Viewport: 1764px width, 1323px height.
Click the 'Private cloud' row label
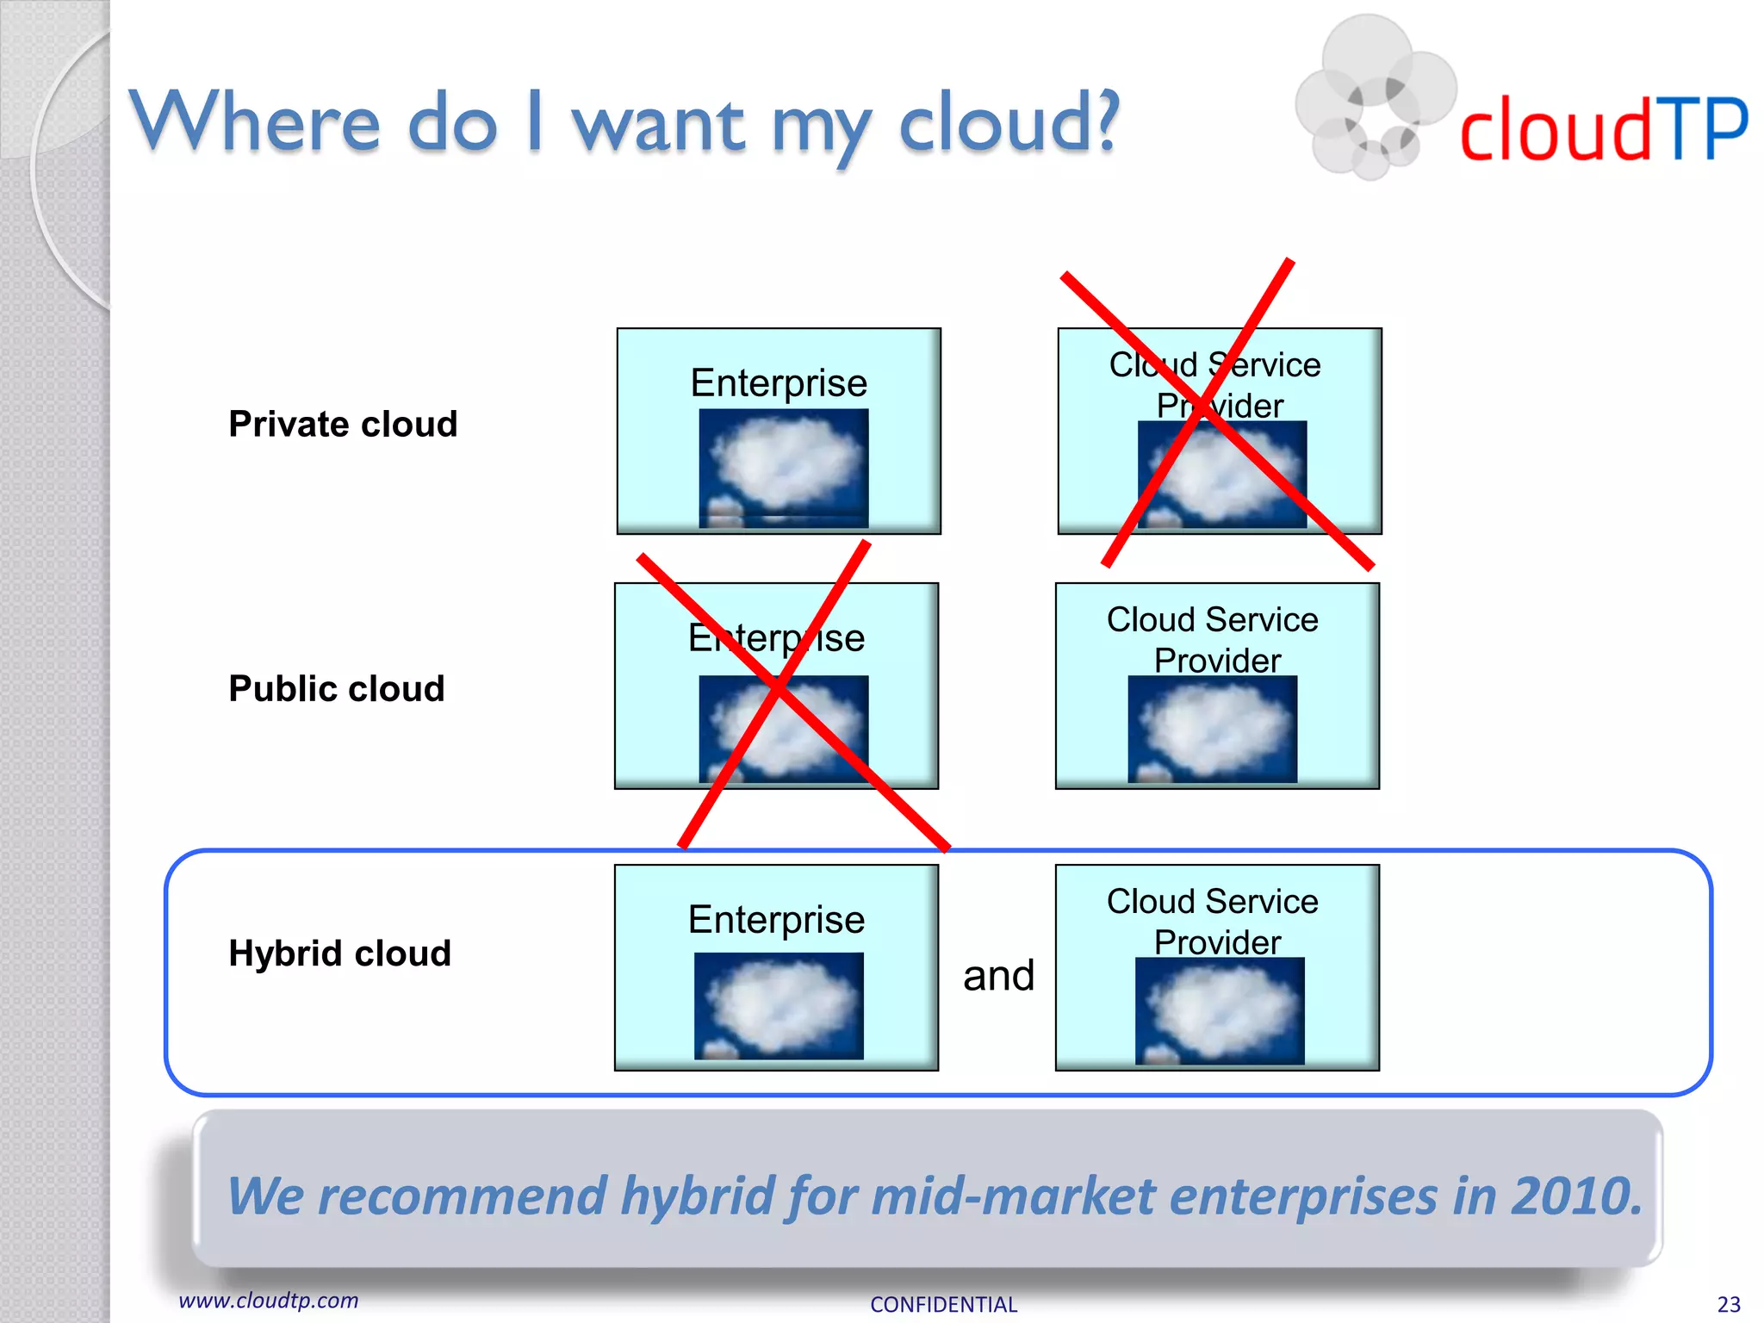343,424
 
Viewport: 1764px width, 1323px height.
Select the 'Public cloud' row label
337,688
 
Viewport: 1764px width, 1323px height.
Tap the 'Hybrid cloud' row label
340,953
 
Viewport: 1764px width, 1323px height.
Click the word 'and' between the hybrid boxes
998,976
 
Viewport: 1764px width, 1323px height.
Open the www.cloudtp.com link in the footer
268,1301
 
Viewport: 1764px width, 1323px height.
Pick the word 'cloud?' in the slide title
1008,122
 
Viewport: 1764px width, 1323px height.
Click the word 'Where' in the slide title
255,122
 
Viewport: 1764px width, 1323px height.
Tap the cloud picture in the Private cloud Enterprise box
783,468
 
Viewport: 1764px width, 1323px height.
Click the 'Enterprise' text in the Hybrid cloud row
776,920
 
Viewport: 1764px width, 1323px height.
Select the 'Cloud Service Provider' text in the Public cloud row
1214,640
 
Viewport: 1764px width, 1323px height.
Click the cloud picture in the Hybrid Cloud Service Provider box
1220,1010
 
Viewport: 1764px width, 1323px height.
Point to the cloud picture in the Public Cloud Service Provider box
1213,729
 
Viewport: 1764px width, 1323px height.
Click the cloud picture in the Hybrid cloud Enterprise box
779,1005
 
